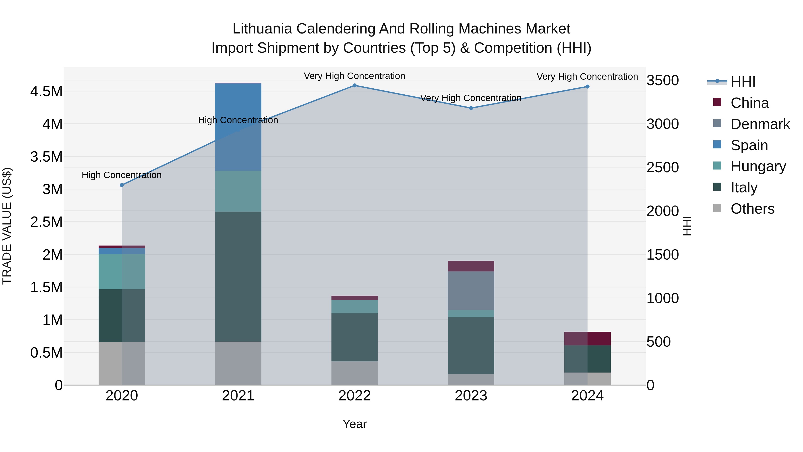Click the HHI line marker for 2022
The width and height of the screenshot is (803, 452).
[x=354, y=85]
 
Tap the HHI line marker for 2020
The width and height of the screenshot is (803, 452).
[x=122, y=185]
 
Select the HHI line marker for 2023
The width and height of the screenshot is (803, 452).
[x=471, y=108]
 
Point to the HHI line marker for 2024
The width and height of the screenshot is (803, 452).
[x=587, y=87]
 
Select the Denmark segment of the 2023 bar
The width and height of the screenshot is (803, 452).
[x=471, y=291]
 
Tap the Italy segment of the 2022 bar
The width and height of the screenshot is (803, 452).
[x=354, y=337]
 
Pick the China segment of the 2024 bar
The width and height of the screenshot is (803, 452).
[x=587, y=338]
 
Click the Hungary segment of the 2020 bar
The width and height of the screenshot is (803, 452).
[x=122, y=272]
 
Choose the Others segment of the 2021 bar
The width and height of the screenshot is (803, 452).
[x=238, y=363]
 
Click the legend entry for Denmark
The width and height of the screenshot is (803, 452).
[x=760, y=124]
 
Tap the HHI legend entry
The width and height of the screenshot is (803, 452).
[x=743, y=82]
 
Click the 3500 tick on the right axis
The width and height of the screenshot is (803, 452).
[x=662, y=81]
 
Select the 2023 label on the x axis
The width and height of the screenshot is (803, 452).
[x=471, y=396]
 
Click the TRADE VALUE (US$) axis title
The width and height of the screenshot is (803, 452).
[x=7, y=226]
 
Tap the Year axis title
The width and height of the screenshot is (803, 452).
[x=354, y=424]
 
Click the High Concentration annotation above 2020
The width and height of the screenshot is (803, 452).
[x=122, y=175]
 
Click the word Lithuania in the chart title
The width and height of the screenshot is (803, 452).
[x=262, y=29]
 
